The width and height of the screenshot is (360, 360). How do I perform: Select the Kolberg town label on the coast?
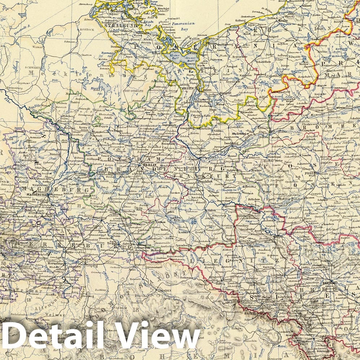[251, 21]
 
